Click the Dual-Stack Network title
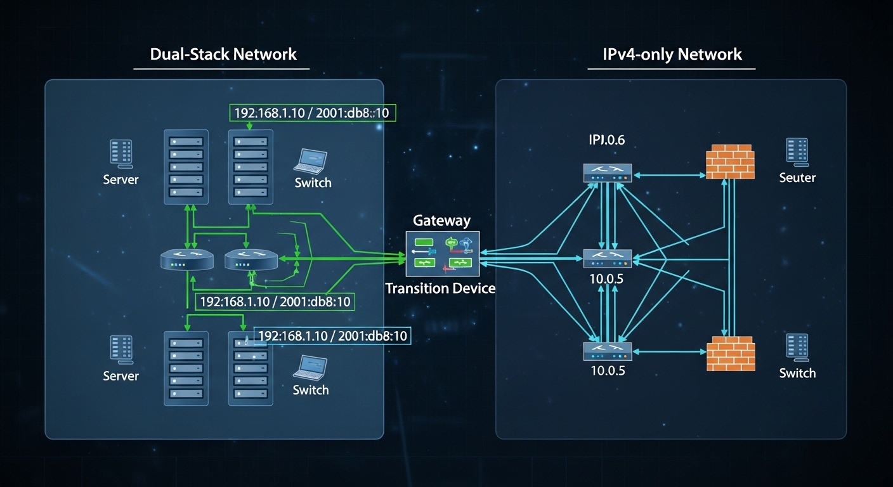click(x=223, y=54)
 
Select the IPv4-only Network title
click(x=673, y=54)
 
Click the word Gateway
click(x=441, y=221)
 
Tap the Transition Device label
click(x=440, y=289)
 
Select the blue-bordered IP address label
click(x=332, y=336)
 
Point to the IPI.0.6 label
click(x=607, y=140)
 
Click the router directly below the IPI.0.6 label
click(x=607, y=173)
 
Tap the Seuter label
click(x=797, y=178)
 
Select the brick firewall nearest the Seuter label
click(x=729, y=162)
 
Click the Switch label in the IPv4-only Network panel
click(x=797, y=373)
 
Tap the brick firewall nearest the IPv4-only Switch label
click(x=731, y=353)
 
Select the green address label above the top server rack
click(x=311, y=113)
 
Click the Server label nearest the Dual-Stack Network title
click(x=121, y=180)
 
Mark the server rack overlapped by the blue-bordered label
click(x=250, y=368)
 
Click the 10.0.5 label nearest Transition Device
click(x=607, y=278)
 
